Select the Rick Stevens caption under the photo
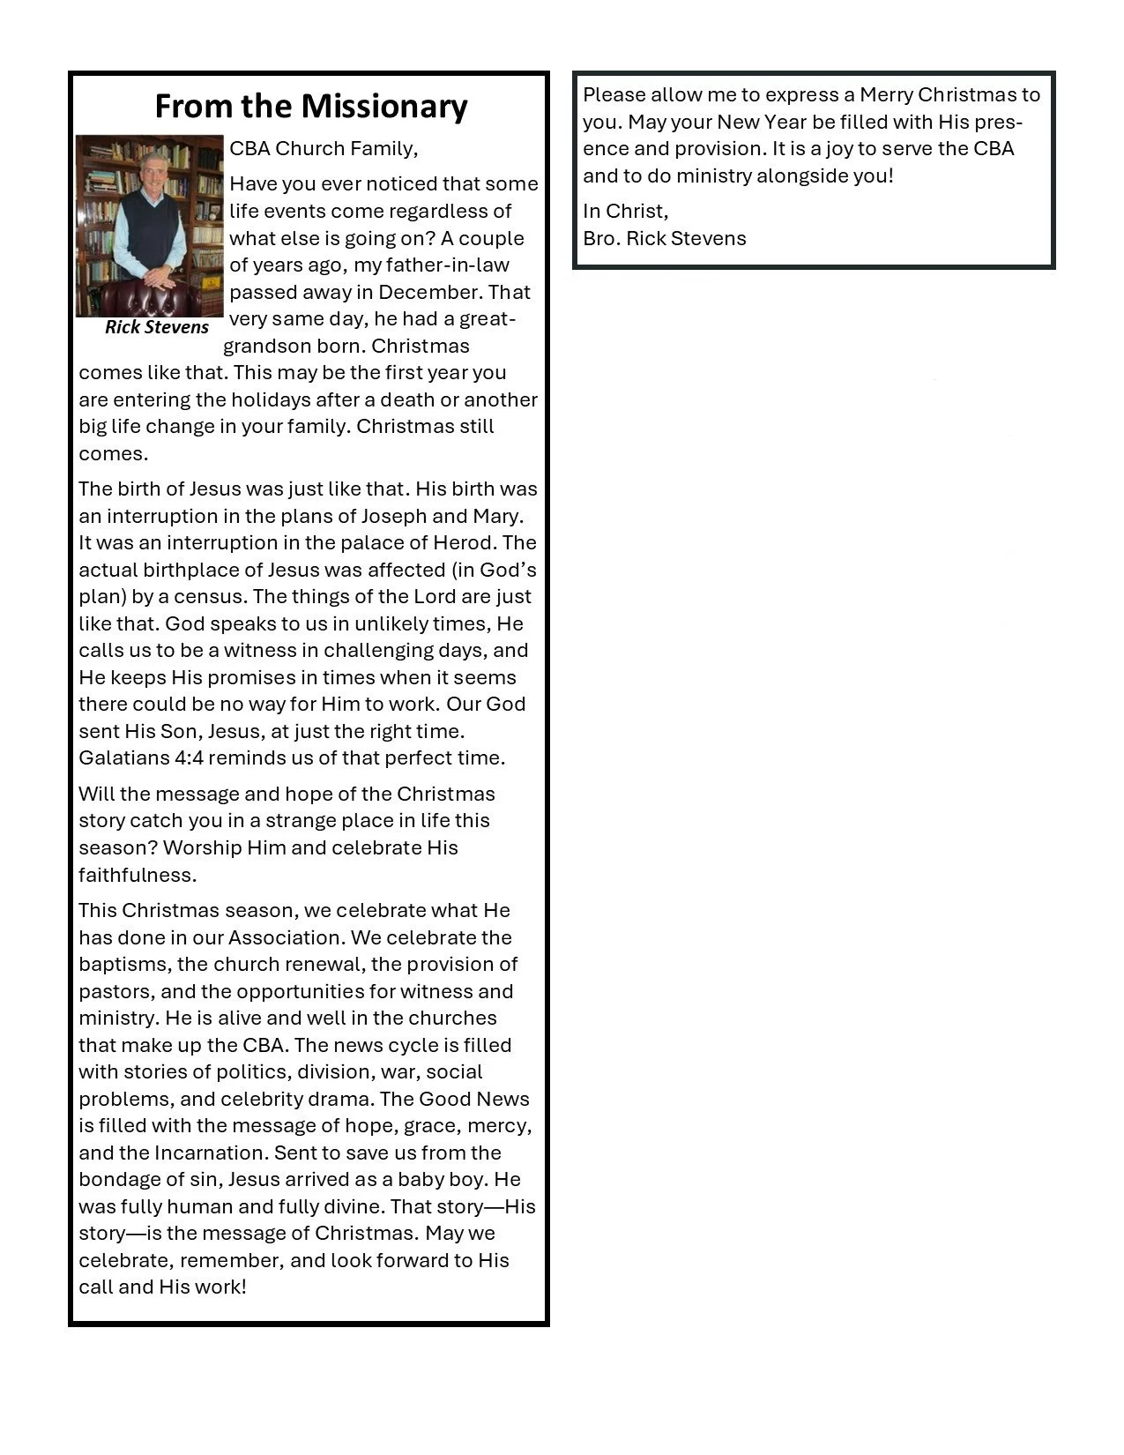(x=157, y=327)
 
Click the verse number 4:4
(x=187, y=757)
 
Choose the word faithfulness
(x=137, y=875)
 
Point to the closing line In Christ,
(x=626, y=211)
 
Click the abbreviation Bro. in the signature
(x=601, y=238)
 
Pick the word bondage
(x=115, y=1180)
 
